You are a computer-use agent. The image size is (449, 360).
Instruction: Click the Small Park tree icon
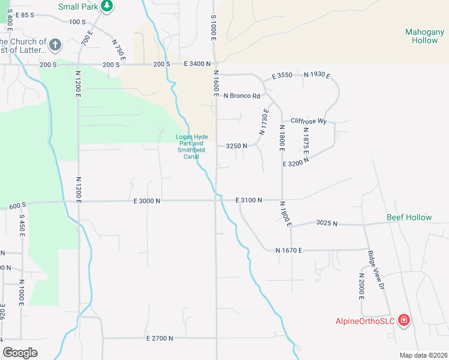pyautogui.click(x=107, y=6)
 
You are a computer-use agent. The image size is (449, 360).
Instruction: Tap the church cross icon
pyautogui.click(x=55, y=44)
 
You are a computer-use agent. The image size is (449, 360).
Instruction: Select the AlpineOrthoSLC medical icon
pyautogui.click(x=404, y=320)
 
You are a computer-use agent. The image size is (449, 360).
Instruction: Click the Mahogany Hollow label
pyautogui.click(x=425, y=36)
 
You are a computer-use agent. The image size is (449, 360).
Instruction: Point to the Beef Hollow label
pyautogui.click(x=409, y=217)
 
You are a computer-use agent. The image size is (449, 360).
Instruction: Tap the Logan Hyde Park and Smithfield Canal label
pyautogui.click(x=191, y=146)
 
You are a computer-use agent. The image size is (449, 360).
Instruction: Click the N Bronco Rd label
pyautogui.click(x=242, y=96)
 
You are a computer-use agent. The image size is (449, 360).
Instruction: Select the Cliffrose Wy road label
pyautogui.click(x=308, y=121)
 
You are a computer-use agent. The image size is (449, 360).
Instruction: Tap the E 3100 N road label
pyautogui.click(x=249, y=200)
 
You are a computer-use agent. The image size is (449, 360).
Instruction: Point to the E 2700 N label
pyautogui.click(x=160, y=338)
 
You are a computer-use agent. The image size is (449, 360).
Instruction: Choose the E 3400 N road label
pyautogui.click(x=197, y=64)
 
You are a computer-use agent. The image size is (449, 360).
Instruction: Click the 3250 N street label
pyautogui.click(x=237, y=146)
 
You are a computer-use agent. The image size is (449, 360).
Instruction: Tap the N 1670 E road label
pyautogui.click(x=289, y=250)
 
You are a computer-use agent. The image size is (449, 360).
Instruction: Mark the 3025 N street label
pyautogui.click(x=327, y=223)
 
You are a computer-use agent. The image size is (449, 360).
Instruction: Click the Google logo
pyautogui.click(x=20, y=353)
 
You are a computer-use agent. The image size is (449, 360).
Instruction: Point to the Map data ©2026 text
pyautogui.click(x=423, y=355)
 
